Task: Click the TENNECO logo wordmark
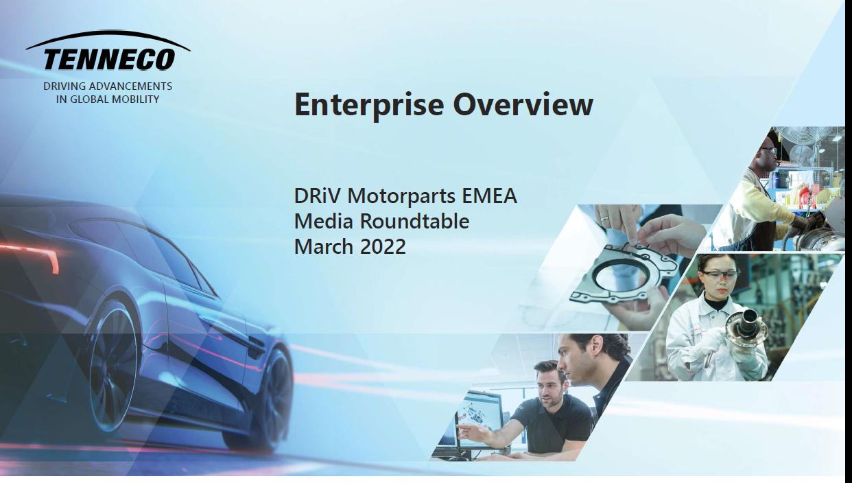coord(110,59)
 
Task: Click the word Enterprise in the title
coord(369,105)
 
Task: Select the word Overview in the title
coord(523,104)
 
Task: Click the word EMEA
coord(490,196)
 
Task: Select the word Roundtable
coord(414,221)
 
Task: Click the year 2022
coord(383,246)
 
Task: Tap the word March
coord(324,246)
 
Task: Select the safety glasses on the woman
coord(719,275)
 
